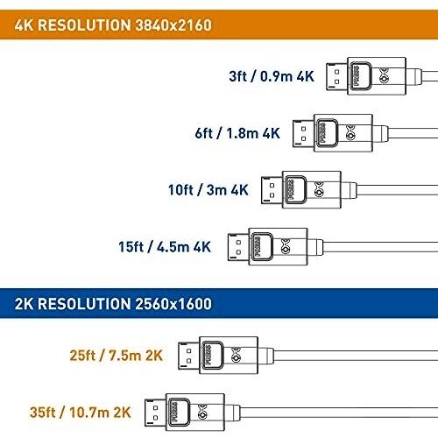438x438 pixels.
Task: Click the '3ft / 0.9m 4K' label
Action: click(272, 76)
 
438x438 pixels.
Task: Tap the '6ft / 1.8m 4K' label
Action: click(237, 133)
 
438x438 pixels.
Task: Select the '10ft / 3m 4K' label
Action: click(208, 190)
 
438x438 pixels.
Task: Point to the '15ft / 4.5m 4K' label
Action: click(165, 247)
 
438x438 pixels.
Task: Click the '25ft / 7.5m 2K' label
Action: click(116, 356)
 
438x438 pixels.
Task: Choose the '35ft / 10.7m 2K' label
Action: click(80, 413)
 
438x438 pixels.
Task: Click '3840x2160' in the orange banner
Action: click(174, 25)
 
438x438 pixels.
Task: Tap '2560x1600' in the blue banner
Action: click(174, 304)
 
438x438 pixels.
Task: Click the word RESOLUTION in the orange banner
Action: click(84, 25)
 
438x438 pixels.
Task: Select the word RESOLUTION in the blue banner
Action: click(84, 304)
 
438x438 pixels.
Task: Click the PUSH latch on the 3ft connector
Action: click(361, 76)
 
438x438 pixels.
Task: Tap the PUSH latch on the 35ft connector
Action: click(180, 412)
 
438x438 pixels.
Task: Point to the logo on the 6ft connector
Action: click(350, 133)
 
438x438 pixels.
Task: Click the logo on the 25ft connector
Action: click(236, 355)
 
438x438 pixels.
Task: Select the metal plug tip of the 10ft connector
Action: click(272, 190)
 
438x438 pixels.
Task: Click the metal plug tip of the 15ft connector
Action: click(238, 247)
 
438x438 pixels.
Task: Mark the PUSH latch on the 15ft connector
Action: click(262, 247)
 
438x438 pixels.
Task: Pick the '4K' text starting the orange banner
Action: click(24, 25)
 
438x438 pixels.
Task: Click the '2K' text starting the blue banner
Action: click(24, 304)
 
